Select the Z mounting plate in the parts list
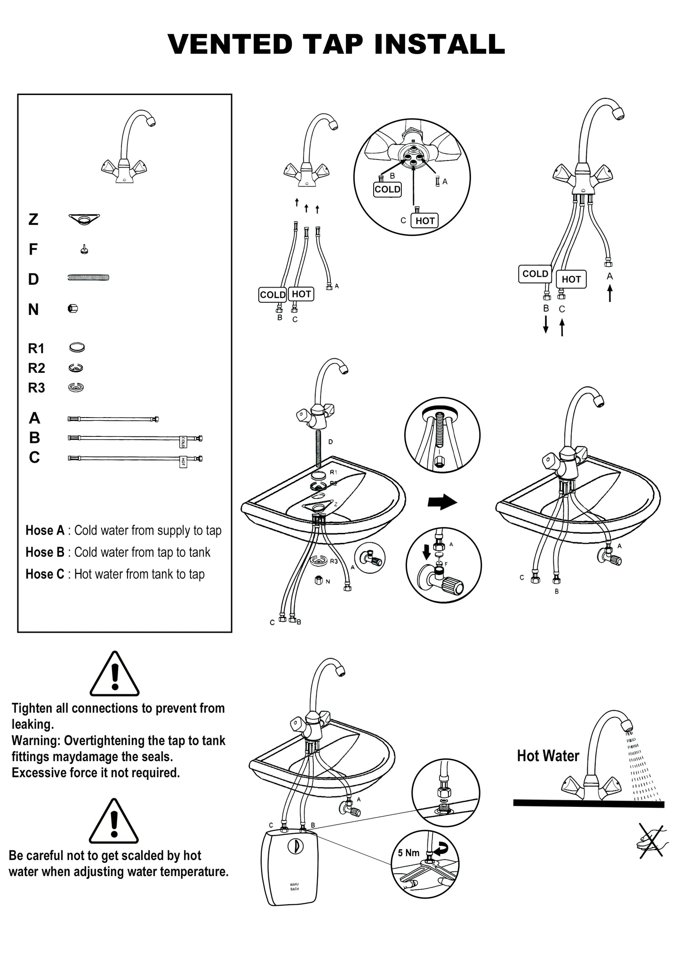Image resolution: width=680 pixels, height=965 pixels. (x=84, y=219)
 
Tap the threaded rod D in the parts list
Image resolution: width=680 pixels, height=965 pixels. (x=88, y=278)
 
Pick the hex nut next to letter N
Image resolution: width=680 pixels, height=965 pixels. (x=72, y=309)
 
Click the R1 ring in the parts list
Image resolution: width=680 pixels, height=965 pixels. (x=76, y=348)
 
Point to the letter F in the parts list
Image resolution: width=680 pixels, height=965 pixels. (x=33, y=249)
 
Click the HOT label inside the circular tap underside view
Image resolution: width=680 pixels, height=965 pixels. (x=425, y=220)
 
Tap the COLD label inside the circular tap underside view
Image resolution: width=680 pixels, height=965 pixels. (x=388, y=190)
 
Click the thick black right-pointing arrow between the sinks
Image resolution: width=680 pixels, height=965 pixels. (x=442, y=502)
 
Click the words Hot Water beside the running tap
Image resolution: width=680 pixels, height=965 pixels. (x=548, y=756)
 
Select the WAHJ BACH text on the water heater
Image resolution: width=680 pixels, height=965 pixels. (x=294, y=887)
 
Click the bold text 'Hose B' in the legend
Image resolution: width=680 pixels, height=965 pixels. (x=45, y=552)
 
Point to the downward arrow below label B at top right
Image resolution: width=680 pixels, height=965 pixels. (x=546, y=325)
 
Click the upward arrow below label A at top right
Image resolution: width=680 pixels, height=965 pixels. (x=610, y=293)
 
